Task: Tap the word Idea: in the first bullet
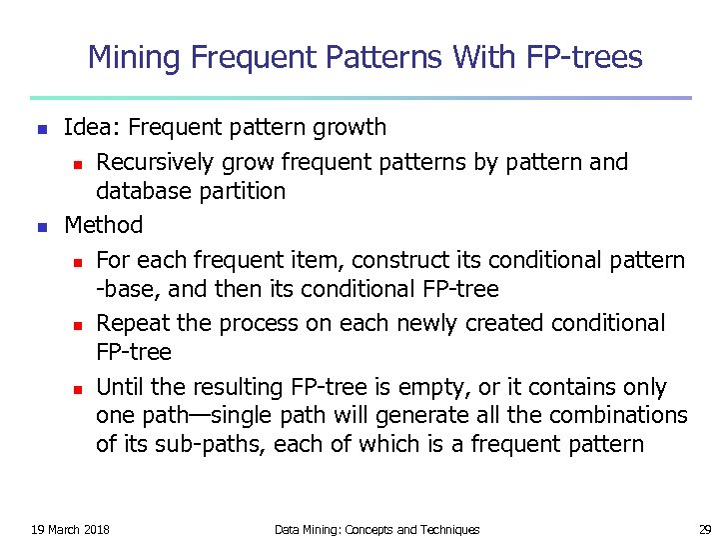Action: click(92, 127)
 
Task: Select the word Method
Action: click(103, 225)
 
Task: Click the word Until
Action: click(121, 387)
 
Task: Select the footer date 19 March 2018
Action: click(71, 529)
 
